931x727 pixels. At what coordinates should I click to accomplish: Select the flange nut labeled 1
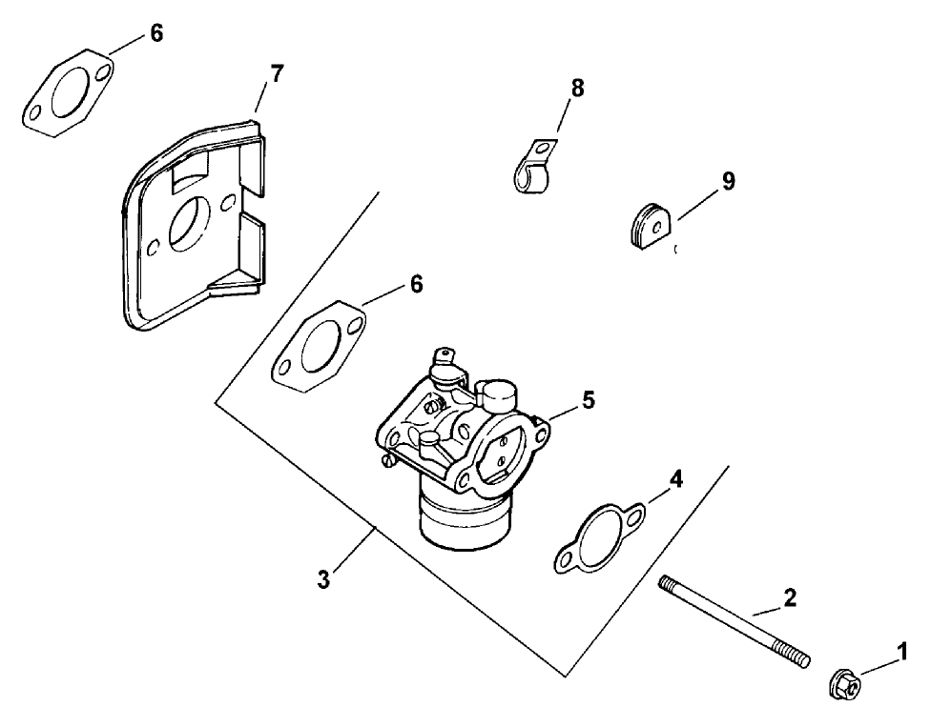843,682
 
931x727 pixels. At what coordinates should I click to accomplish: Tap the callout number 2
789,597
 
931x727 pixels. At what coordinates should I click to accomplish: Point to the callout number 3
324,578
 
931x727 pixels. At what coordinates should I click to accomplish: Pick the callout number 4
675,479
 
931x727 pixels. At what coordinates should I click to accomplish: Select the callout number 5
589,401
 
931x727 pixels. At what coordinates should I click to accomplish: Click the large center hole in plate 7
193,224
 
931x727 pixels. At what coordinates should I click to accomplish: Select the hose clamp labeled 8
531,169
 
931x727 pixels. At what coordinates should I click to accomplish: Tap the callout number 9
728,181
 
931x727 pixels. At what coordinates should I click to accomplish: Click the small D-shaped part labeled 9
652,227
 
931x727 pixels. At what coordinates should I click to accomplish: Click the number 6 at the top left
156,33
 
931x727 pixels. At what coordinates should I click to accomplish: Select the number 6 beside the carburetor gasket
416,284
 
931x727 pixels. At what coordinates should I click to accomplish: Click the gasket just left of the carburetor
319,349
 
